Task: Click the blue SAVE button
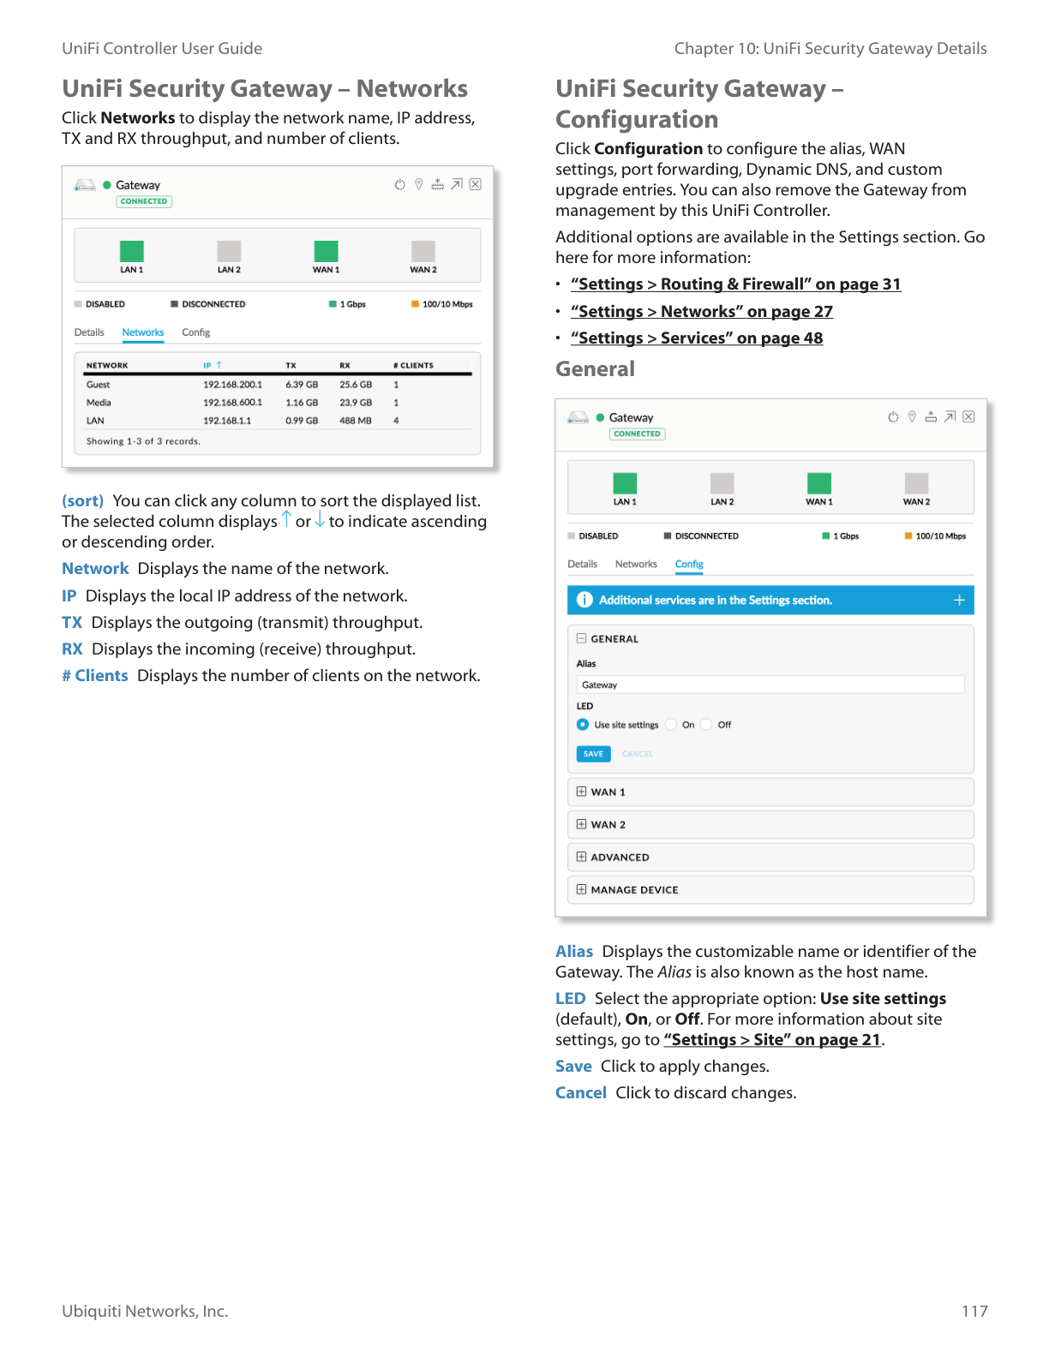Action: (593, 754)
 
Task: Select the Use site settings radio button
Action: (583, 725)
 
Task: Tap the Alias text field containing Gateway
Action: (770, 684)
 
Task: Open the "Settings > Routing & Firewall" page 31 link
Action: (735, 284)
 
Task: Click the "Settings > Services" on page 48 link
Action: (696, 338)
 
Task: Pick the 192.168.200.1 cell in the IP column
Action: (232, 385)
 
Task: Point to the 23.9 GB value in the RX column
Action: (356, 403)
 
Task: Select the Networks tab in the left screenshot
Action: (142, 332)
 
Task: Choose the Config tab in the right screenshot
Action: (689, 565)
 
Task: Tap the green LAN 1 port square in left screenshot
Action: (132, 251)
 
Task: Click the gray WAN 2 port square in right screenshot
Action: (916, 483)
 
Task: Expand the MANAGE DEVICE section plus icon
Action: (582, 889)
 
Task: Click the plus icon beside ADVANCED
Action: (582, 857)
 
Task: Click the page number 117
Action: (974, 1311)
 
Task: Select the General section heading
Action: (595, 369)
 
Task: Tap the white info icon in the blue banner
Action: (584, 600)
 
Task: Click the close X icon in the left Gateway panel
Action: (476, 184)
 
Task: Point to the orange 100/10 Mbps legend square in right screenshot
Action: (908, 536)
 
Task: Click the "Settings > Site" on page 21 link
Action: (772, 1040)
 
